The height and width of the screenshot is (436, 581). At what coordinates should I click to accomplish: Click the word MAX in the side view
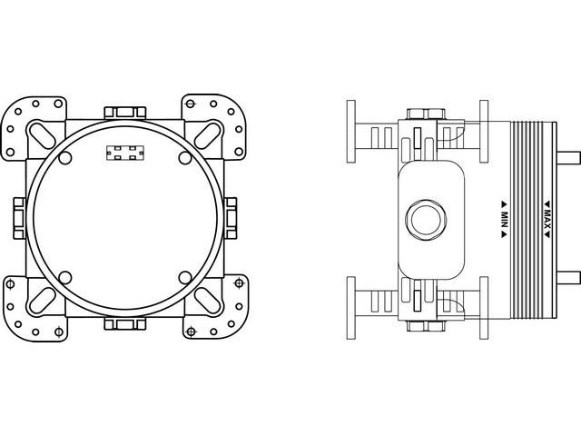548,218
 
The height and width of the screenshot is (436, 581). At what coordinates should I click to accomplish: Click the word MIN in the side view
502,218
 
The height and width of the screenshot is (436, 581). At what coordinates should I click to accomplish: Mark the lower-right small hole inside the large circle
184,276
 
